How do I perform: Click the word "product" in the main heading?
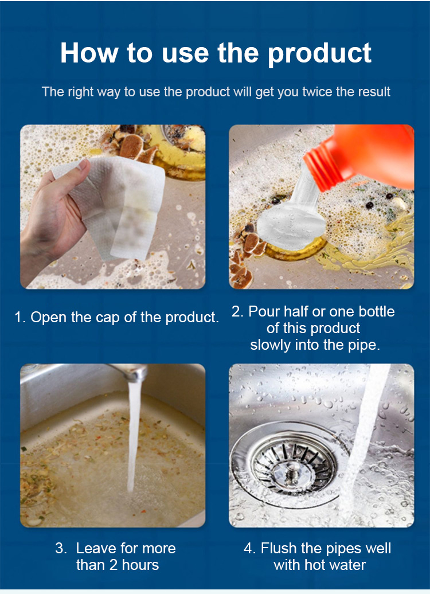(x=320, y=53)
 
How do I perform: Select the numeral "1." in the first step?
(x=20, y=318)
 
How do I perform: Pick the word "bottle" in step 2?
(x=377, y=311)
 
